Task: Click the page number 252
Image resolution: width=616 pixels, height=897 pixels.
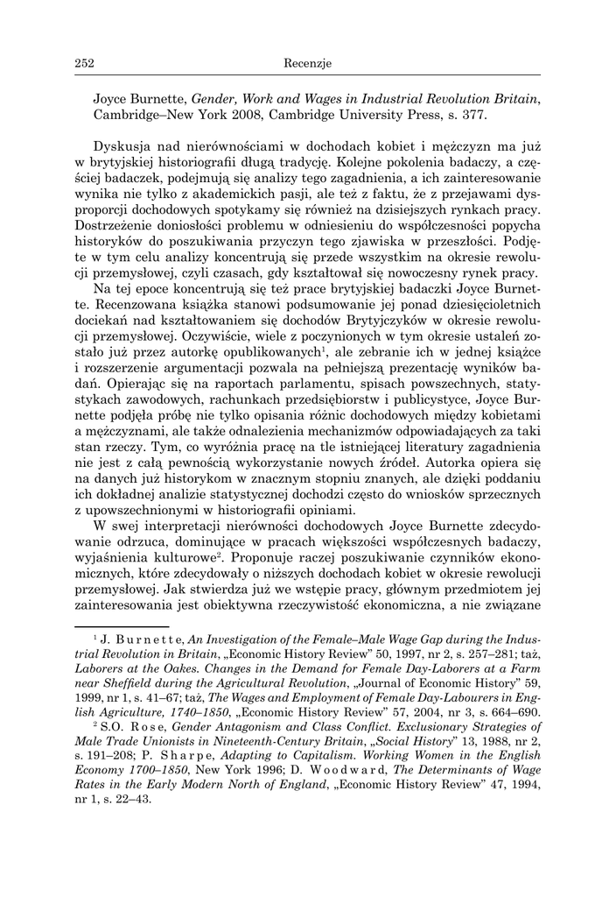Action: [85, 62]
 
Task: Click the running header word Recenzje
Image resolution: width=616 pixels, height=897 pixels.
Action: [307, 62]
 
